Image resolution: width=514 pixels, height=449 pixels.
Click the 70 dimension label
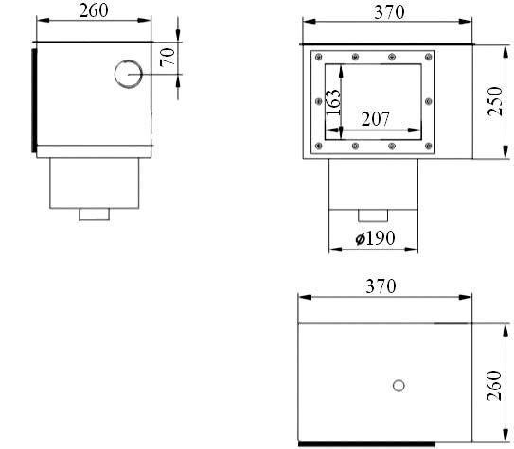click(168, 58)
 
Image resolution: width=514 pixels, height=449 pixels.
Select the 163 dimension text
click(332, 102)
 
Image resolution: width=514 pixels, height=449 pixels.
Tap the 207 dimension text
click(376, 119)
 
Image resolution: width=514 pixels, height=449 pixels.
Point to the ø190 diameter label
click(376, 238)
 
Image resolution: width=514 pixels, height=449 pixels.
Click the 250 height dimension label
click(495, 101)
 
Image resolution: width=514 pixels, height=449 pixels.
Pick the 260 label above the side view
click(94, 10)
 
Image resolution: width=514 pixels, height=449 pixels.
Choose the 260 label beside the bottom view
click(494, 386)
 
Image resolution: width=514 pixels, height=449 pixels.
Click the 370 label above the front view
click(389, 12)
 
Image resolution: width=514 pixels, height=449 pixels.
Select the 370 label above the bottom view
click(381, 286)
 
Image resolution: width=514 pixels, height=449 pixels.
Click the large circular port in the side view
click(129, 74)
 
